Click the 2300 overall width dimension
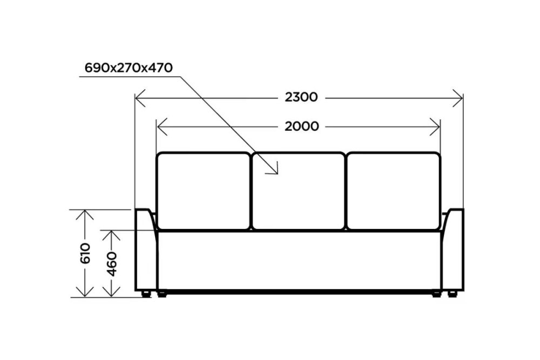point(301,97)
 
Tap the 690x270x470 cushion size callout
point(129,68)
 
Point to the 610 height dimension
point(85,253)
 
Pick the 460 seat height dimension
point(112,264)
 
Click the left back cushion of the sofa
point(203,191)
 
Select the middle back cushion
point(298,191)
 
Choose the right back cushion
point(394,191)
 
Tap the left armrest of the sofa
point(146,249)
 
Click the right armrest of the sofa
point(453,249)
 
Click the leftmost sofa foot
point(146,294)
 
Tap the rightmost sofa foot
point(452,294)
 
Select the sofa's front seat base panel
point(299,261)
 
